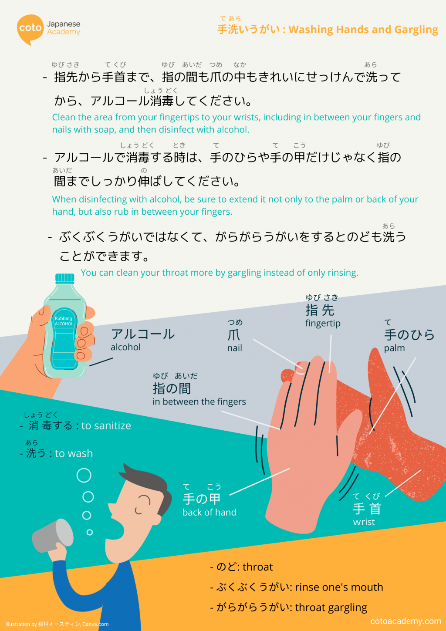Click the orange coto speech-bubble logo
30,29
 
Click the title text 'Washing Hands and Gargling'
363,30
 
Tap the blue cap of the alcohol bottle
65,278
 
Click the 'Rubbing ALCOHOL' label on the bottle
64,321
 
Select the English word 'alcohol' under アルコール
125,348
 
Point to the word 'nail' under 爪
234,348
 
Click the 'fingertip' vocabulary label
323,324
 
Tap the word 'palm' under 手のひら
394,348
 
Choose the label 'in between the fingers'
199,402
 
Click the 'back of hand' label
209,513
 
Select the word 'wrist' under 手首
364,522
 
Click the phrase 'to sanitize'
106,425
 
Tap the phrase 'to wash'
74,453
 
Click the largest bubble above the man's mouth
84,476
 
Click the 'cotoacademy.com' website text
405,621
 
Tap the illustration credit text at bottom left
57,624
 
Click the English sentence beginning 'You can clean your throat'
219,273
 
